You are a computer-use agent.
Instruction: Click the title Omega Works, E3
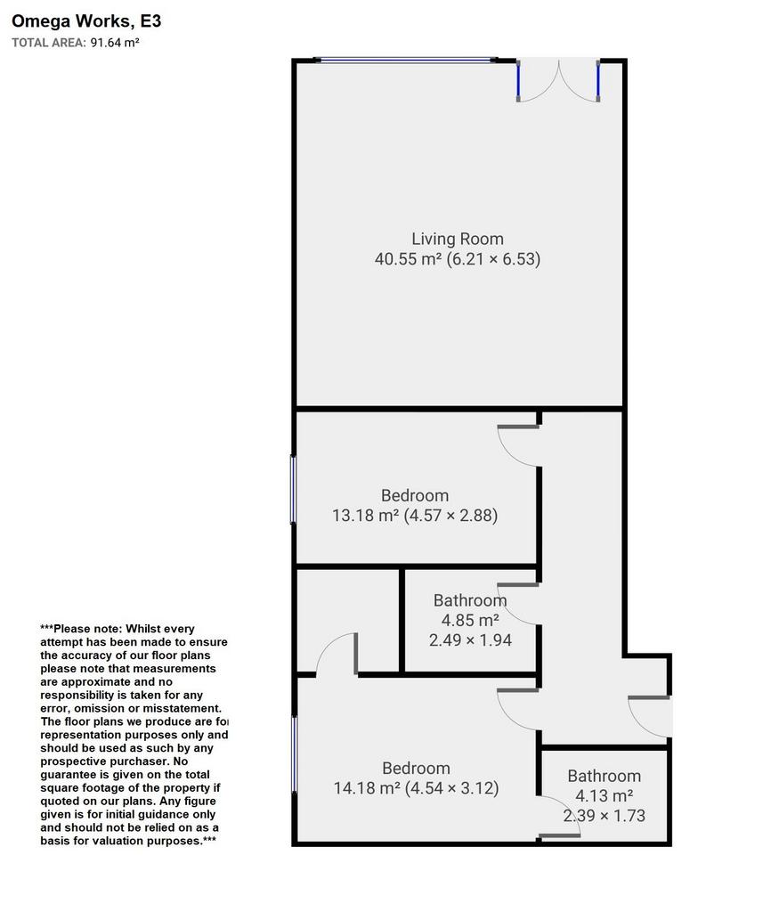[x=86, y=21]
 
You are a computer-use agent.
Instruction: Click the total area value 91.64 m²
[x=115, y=43]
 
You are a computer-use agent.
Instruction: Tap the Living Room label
[x=458, y=239]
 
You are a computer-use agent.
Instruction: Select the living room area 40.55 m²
[x=408, y=259]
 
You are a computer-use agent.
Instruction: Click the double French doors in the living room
[x=558, y=80]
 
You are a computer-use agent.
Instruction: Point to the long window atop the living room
[x=405, y=60]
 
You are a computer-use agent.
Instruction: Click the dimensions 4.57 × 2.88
[x=450, y=516]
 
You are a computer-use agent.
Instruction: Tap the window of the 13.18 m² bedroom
[x=294, y=490]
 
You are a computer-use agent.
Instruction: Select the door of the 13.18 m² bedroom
[x=518, y=445]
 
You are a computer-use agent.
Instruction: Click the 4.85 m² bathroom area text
[x=470, y=620]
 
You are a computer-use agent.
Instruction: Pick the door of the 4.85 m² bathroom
[x=518, y=605]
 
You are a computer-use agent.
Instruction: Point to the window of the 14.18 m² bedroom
[x=294, y=754]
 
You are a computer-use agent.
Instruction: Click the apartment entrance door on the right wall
[x=650, y=717]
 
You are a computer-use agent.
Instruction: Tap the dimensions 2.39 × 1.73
[x=604, y=816]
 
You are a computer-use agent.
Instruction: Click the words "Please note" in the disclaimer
[x=86, y=629]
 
